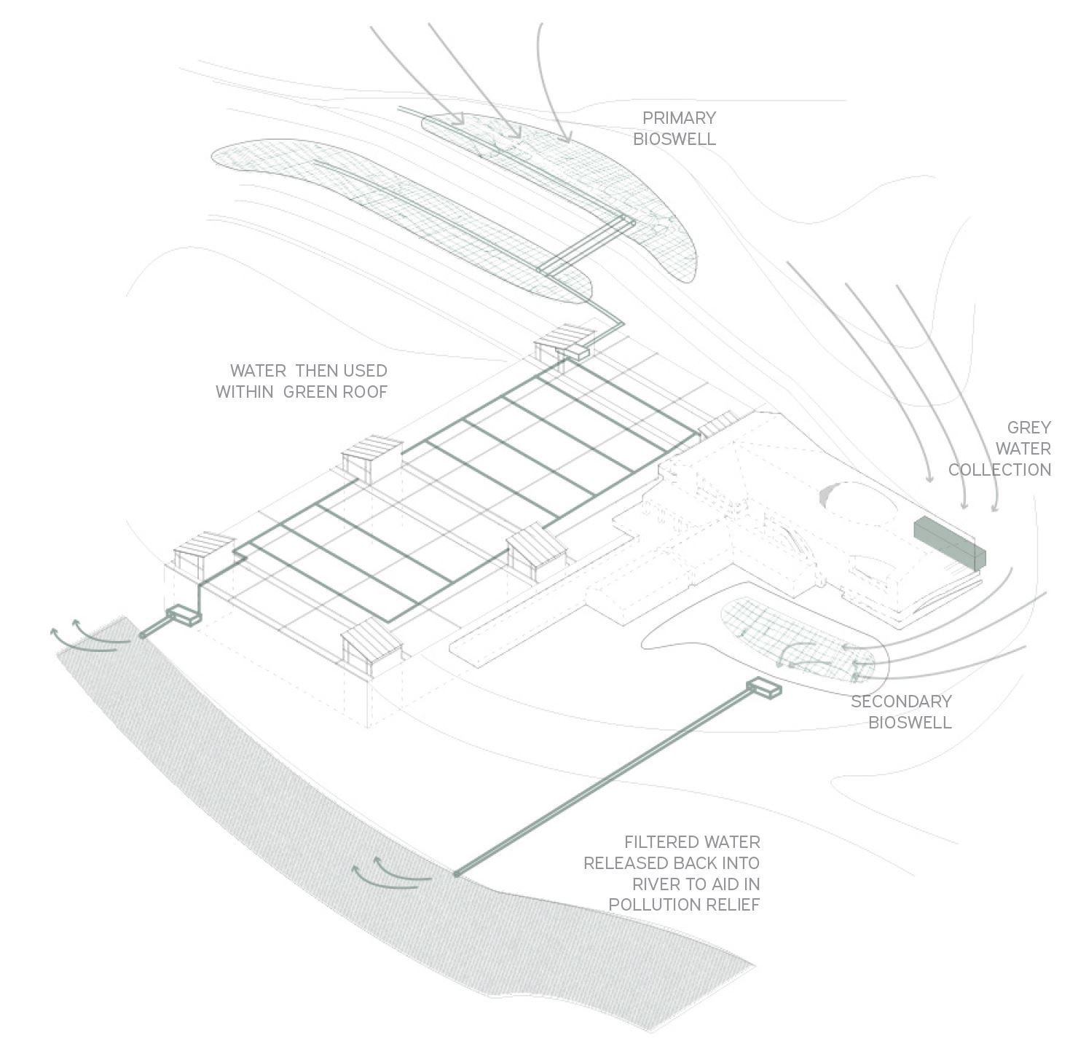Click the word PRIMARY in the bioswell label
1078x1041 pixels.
[x=679, y=118]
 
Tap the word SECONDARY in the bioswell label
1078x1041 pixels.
[x=901, y=702]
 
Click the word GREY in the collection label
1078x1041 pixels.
[x=1028, y=428]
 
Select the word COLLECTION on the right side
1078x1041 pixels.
[x=999, y=470]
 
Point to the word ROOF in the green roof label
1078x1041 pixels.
[x=366, y=392]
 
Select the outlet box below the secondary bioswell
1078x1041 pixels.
[x=763, y=687]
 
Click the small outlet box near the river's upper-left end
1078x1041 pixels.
[x=184, y=616]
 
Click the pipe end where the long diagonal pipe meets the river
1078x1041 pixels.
[x=457, y=873]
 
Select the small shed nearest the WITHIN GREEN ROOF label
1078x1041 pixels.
[x=372, y=456]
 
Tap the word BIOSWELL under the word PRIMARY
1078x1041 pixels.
[x=674, y=139]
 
